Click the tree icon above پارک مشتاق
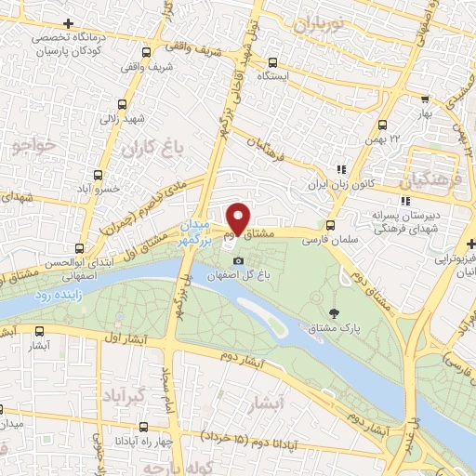pyautogui.click(x=334, y=313)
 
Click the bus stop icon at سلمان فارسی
pyautogui.click(x=331, y=224)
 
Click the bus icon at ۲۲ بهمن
pyautogui.click(x=381, y=125)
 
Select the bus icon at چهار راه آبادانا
pyautogui.click(x=140, y=428)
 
